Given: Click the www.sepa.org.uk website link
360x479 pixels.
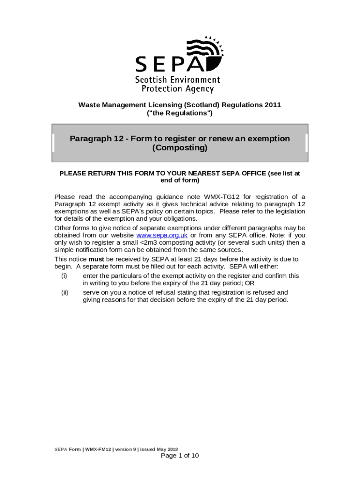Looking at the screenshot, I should point(161,235).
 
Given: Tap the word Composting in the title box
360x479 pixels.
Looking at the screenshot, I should point(180,148).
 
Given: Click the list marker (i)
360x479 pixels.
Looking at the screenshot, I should point(64,276).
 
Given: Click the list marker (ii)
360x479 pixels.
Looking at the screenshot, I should point(65,292).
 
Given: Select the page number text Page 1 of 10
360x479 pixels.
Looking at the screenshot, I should point(180,456).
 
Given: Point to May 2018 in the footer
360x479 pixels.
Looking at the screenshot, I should point(167,449).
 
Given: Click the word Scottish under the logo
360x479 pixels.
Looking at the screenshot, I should point(151,80).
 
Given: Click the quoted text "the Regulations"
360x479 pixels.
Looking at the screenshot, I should point(180,113).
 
